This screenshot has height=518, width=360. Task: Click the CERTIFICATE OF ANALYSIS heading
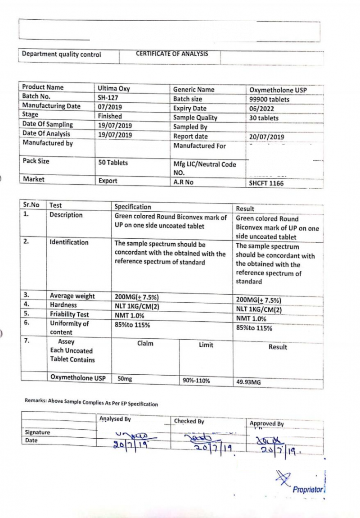[172, 54]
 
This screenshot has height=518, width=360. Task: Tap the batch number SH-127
[108, 97]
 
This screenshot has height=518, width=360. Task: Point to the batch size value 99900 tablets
[269, 99]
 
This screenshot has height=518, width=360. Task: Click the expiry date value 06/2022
[261, 109]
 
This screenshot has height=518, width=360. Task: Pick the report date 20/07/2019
[266, 136]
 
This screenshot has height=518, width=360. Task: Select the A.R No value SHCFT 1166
[266, 183]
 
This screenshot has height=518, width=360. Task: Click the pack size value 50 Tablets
[113, 163]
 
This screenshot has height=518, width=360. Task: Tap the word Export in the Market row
[108, 181]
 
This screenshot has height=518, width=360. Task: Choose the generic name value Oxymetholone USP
[278, 90]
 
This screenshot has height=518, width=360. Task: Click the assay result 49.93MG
[248, 382]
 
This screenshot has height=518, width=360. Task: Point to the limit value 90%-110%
[196, 381]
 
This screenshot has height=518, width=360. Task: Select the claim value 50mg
[125, 379]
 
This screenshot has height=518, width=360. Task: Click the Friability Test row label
[69, 314]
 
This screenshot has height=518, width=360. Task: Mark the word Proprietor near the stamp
[308, 489]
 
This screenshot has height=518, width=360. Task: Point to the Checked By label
[189, 421]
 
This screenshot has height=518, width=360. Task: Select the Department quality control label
[62, 55]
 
